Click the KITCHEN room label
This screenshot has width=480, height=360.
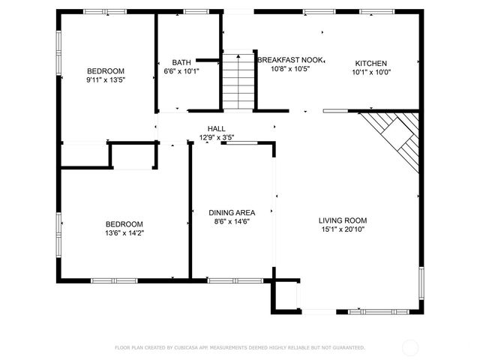(x=371, y=63)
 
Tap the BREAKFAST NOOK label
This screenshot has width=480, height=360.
(x=289, y=58)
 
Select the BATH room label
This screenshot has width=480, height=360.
(x=181, y=62)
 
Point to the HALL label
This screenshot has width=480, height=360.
(x=217, y=129)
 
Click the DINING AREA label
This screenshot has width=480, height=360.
(x=232, y=212)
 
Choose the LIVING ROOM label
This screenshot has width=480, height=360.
(x=343, y=220)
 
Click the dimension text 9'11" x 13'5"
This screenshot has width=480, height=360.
(x=105, y=79)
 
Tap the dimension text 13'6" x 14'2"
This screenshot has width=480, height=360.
(x=124, y=233)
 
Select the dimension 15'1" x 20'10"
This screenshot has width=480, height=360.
(x=343, y=229)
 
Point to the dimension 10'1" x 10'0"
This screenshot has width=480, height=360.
(x=371, y=72)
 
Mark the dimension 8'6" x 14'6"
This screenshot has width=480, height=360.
(x=232, y=221)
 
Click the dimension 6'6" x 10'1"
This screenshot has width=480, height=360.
(x=181, y=71)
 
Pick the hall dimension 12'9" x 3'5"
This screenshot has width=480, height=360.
(x=217, y=137)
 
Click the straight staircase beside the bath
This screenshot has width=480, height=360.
(x=238, y=79)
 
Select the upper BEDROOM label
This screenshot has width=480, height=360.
(x=105, y=70)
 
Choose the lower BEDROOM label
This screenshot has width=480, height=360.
(x=124, y=224)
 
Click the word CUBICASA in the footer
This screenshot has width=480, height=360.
(x=191, y=347)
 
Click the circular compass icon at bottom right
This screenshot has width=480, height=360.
(x=410, y=347)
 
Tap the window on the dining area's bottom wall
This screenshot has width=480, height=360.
(x=229, y=280)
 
